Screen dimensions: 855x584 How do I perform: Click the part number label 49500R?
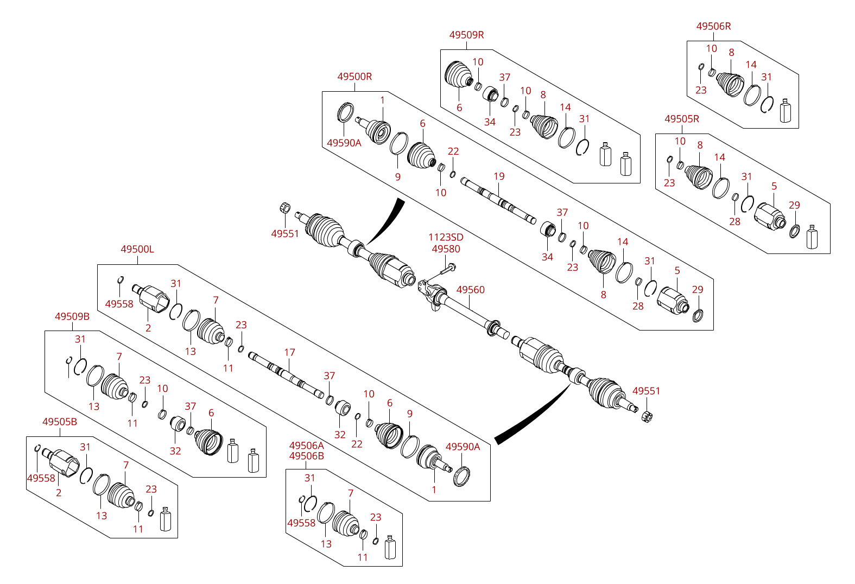(354, 77)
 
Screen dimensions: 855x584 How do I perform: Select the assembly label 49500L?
(137, 249)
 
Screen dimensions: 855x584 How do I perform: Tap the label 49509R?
(466, 35)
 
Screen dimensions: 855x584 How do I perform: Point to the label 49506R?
(713, 27)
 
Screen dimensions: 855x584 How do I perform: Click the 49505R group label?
(682, 119)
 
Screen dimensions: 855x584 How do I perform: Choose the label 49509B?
(72, 316)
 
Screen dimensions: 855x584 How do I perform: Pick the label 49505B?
(60, 422)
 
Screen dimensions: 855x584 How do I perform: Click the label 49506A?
(307, 446)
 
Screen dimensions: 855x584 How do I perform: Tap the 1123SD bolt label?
(446, 237)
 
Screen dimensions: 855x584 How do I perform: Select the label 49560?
(470, 290)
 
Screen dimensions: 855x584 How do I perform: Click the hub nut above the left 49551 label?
(285, 208)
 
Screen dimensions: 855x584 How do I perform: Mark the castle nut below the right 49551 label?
(647, 417)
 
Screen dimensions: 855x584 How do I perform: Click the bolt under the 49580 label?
(447, 269)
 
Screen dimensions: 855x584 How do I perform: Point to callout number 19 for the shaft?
(499, 176)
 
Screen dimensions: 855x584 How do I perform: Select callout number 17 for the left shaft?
(289, 352)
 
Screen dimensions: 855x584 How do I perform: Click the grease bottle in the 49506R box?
(785, 111)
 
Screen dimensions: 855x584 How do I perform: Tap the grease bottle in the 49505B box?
(165, 519)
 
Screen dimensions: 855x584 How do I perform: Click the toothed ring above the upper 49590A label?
(345, 112)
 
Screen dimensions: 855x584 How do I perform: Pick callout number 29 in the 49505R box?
(794, 205)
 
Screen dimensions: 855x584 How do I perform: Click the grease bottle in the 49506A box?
(390, 547)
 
